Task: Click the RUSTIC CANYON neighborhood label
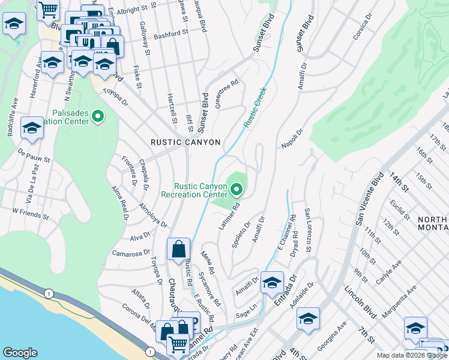185,142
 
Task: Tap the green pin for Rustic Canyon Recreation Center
237,190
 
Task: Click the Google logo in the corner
20,352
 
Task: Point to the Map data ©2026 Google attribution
412,355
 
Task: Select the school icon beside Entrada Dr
272,282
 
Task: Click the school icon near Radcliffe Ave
32,128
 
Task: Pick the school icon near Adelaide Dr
308,319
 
